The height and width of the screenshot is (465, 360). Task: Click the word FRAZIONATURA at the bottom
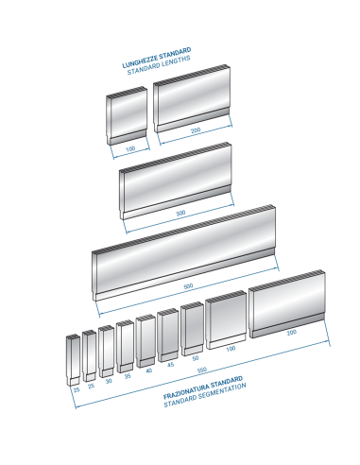[186, 389]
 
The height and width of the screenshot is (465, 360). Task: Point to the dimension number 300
[180, 214]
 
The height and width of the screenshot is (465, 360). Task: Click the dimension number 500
[188, 286]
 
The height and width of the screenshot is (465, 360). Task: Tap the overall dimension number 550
[202, 370]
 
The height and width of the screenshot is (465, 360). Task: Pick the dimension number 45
[170, 365]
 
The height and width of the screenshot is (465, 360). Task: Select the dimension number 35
[128, 376]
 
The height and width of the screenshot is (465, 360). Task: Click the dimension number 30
[109, 381]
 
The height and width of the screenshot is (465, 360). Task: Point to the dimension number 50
[196, 358]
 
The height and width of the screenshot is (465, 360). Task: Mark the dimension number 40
[149, 370]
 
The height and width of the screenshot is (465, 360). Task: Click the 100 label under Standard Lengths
[130, 148]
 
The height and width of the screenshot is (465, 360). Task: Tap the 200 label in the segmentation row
[292, 332]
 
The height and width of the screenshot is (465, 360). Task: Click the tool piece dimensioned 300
[176, 181]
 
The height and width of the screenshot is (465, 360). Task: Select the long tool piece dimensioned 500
[184, 252]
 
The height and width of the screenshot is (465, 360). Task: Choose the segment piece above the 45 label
[168, 336]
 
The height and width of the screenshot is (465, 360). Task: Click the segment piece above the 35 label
[125, 347]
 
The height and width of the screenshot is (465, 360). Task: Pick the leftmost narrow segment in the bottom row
[73, 360]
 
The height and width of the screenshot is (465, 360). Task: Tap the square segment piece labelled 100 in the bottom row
[226, 319]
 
